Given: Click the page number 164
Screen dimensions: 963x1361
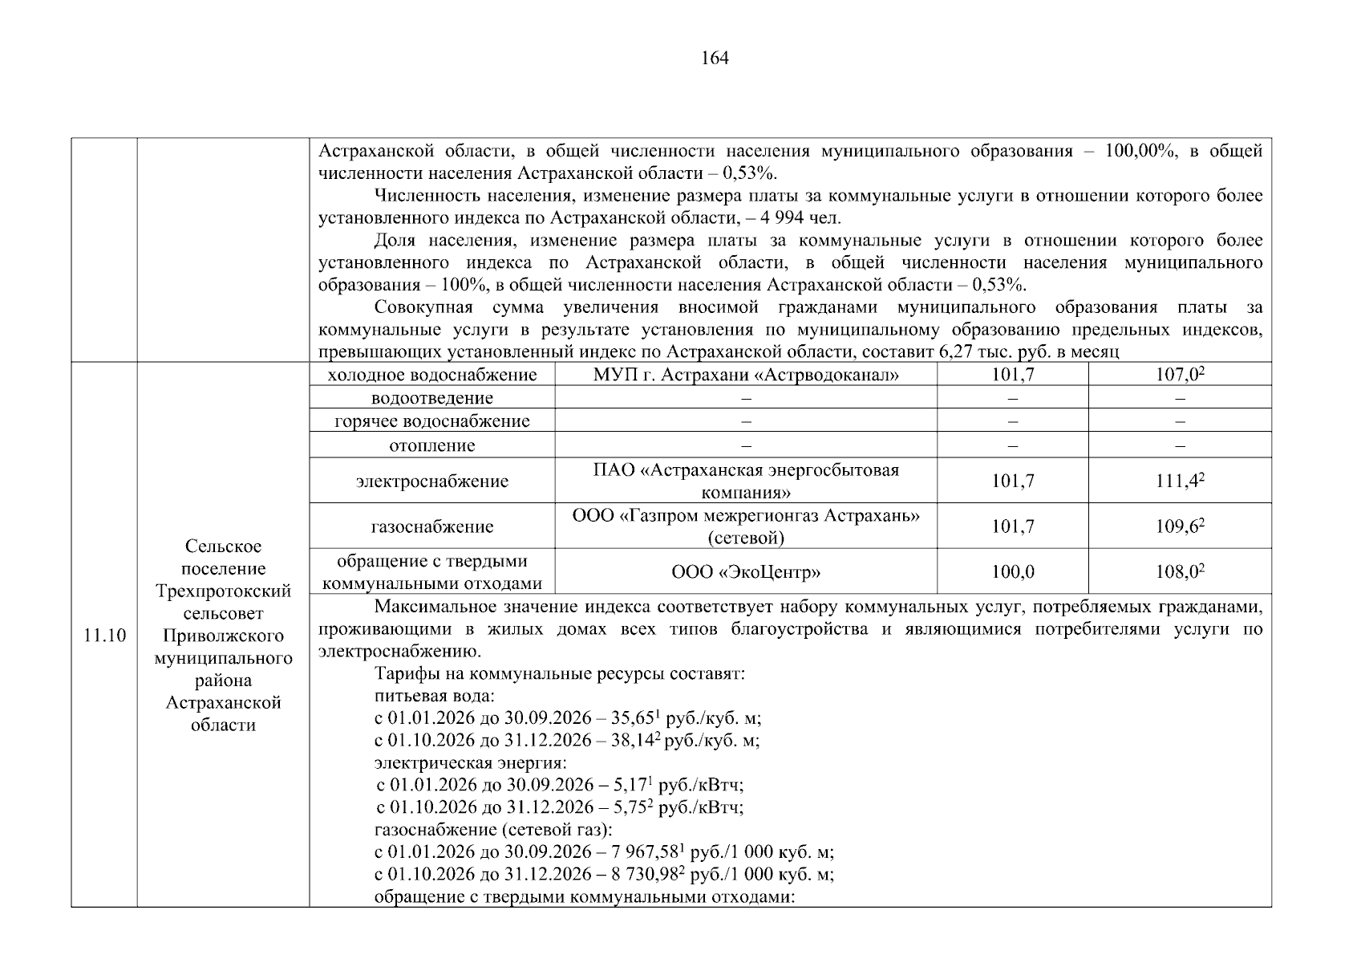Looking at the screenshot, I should (714, 58).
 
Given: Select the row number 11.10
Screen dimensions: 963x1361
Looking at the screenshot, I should (104, 636).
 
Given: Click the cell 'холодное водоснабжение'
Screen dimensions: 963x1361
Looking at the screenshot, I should (432, 375).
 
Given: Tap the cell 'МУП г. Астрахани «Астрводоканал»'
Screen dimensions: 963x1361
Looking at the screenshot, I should (746, 375).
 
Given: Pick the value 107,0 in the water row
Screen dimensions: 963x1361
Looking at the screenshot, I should (1179, 375).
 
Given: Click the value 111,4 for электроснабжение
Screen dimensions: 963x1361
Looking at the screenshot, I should (1179, 481).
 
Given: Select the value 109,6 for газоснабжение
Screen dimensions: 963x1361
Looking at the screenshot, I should (1179, 526).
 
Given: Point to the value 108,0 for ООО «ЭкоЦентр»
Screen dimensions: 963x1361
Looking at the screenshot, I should (1179, 571).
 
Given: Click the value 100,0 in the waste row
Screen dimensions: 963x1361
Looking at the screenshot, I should (1012, 571).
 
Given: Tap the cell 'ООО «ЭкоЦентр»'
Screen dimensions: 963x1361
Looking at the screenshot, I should (746, 571).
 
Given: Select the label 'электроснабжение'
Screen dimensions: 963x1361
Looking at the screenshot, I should (432, 481).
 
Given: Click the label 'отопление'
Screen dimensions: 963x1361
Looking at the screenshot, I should (432, 445).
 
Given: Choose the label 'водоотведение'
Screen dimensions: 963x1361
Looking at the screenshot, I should (432, 398).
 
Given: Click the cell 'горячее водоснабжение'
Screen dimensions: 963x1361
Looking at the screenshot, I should (432, 421).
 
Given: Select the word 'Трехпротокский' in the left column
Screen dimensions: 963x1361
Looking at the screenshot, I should (223, 591).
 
